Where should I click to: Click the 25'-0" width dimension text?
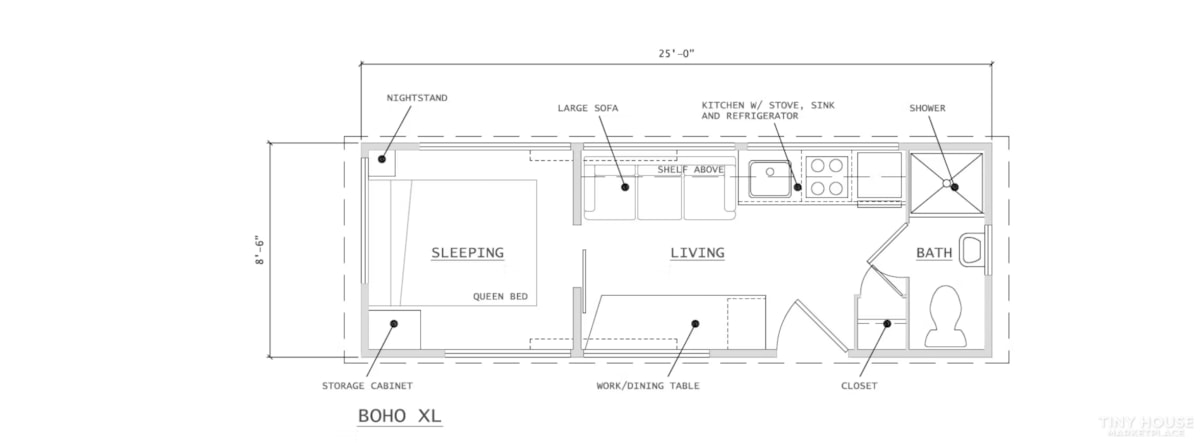[677, 54]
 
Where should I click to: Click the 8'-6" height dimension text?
[260, 250]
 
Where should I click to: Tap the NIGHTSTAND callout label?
[417, 98]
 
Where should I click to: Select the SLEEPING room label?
[468, 252]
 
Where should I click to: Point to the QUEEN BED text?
[500, 296]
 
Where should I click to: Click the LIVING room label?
[698, 252]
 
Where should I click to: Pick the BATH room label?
[934, 252]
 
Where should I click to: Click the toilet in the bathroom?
[946, 316]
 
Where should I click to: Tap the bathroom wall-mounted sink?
[972, 250]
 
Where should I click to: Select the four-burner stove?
[826, 176]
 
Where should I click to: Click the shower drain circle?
[947, 184]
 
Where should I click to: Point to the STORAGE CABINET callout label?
[367, 386]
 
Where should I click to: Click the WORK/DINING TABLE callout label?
[648, 386]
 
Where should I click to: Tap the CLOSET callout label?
[859, 386]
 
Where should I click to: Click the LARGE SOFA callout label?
[588, 108]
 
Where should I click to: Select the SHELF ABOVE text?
[691, 170]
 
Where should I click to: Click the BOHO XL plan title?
[400, 416]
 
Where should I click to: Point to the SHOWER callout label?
[927, 108]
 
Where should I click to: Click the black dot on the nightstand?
[382, 159]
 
